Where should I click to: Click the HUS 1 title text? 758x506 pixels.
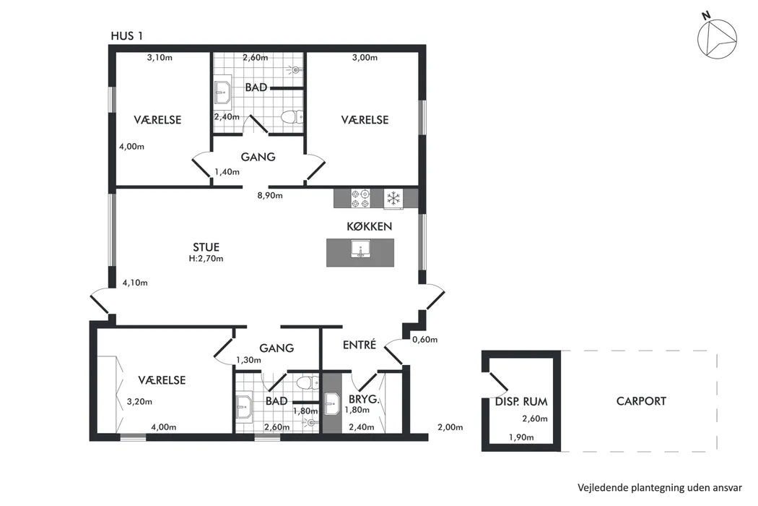126,36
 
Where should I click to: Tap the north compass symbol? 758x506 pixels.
716,37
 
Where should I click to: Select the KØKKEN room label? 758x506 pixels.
370,226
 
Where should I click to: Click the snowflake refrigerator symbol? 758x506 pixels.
393,199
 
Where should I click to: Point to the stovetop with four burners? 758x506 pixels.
361,198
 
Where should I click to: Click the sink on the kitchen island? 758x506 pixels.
361,249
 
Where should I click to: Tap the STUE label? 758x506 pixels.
206,247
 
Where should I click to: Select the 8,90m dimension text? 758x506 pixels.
270,196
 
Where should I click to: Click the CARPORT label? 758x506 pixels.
641,401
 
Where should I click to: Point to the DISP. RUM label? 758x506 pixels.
521,401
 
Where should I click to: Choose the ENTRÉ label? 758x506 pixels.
360,345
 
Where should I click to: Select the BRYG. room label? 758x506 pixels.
364,400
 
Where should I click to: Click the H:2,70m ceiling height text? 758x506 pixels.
206,259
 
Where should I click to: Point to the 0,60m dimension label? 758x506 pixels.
425,340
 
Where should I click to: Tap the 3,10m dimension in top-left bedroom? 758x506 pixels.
160,57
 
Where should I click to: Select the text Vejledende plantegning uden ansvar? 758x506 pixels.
659,488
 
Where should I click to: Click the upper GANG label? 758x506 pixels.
258,157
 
